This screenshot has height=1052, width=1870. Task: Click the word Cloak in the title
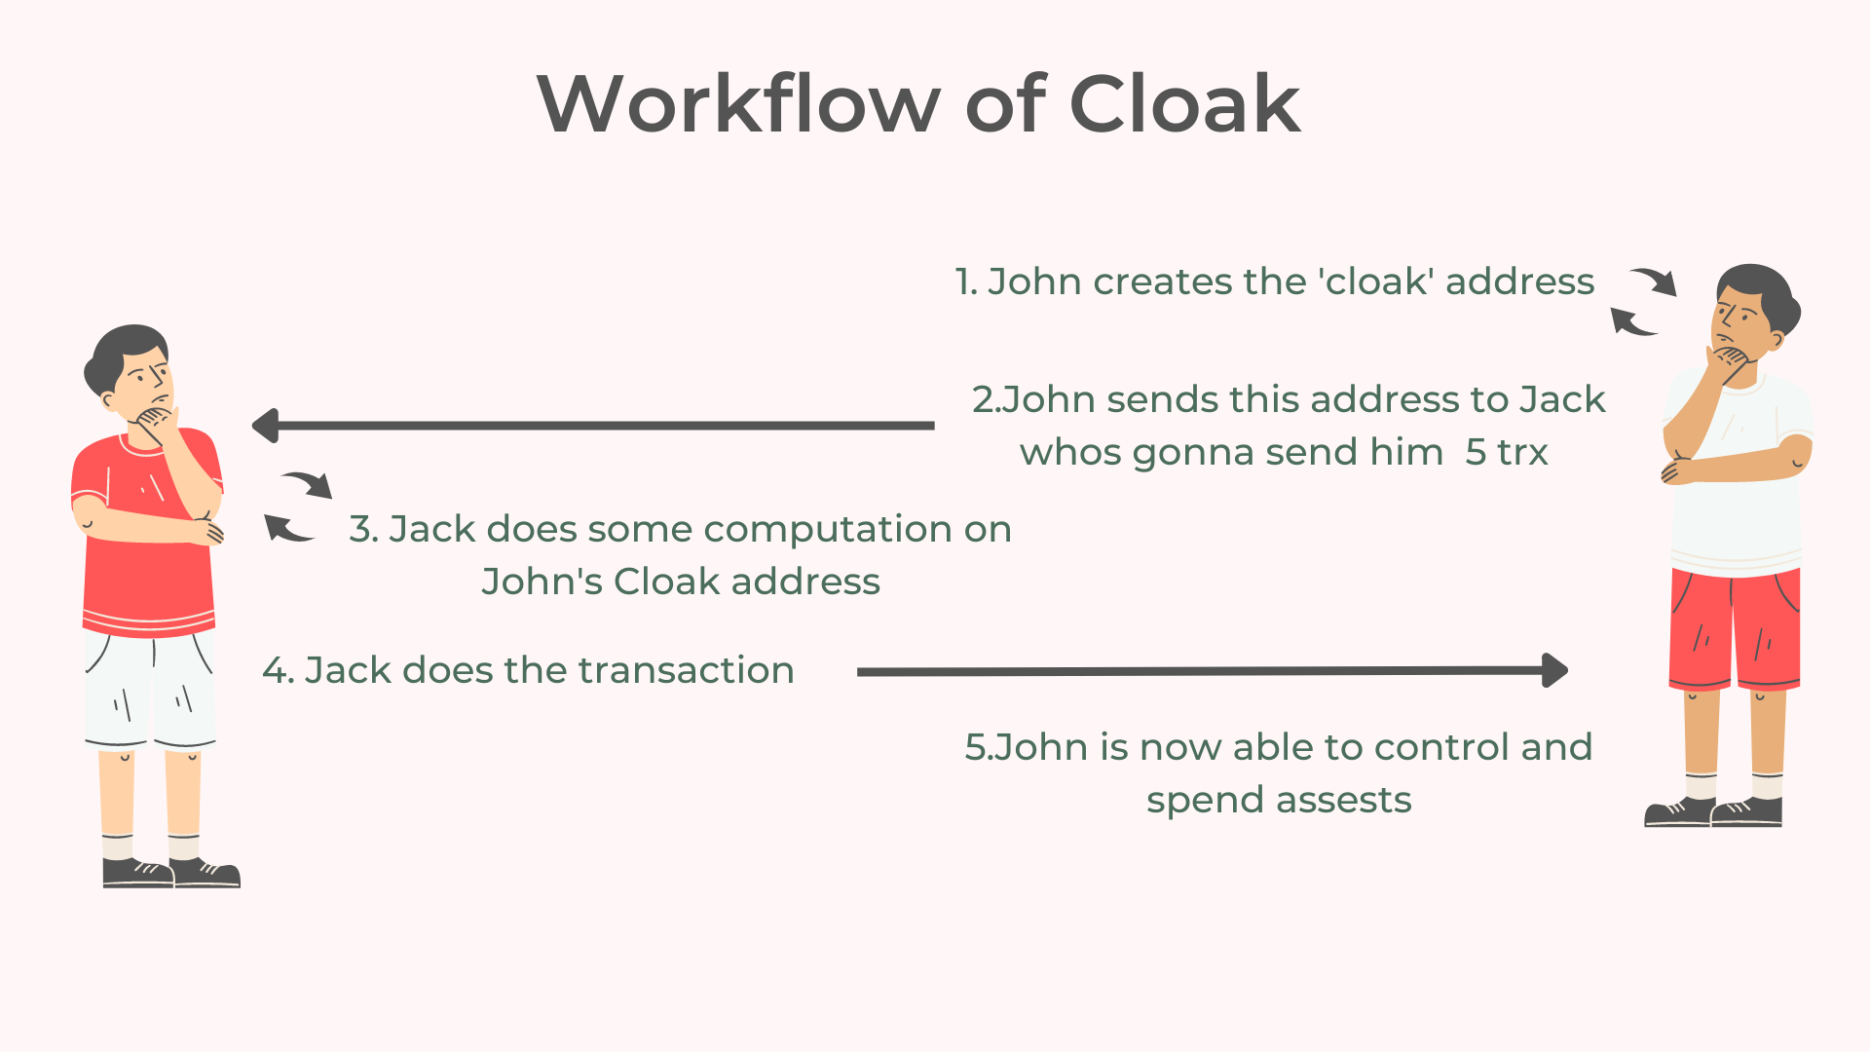1184,103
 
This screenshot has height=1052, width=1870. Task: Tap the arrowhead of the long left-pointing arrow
265,426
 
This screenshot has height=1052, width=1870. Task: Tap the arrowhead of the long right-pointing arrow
1555,670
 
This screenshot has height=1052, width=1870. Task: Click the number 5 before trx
1476,452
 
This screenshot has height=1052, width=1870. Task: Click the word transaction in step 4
686,670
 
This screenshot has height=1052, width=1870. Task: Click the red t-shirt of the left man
146,545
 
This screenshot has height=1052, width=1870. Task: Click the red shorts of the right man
1735,628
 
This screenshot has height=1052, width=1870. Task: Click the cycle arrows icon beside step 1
1643,302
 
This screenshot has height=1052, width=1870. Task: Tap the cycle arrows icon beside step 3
298,507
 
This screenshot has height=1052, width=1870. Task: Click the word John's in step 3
542,582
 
